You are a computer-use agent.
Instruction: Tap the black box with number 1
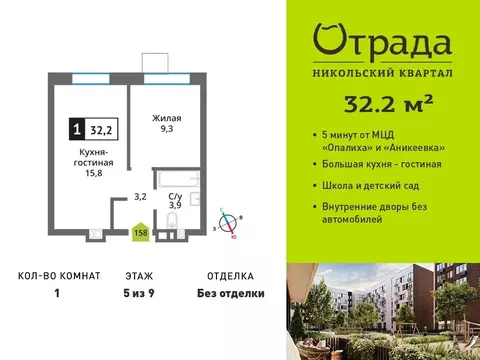click(x=77, y=127)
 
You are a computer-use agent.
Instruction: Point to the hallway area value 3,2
click(x=142, y=197)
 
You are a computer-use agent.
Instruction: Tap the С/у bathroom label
click(x=175, y=199)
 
